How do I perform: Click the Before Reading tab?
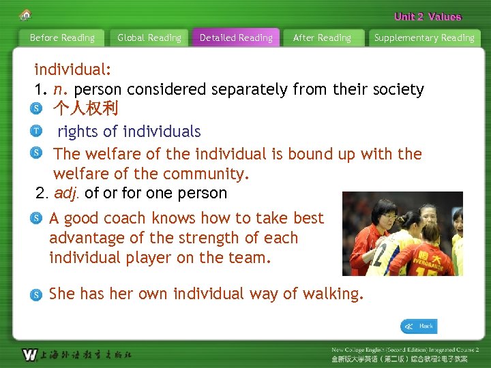[62, 38]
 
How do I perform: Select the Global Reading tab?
[149, 38]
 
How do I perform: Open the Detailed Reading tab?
[236, 38]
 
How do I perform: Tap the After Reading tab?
[322, 38]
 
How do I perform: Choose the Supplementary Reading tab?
[424, 38]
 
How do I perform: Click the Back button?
[419, 326]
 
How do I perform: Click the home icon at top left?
[26, 14]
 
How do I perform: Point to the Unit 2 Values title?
[428, 17]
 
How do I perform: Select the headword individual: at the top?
[73, 70]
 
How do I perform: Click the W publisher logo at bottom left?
[29, 354]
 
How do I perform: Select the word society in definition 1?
[397, 89]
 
